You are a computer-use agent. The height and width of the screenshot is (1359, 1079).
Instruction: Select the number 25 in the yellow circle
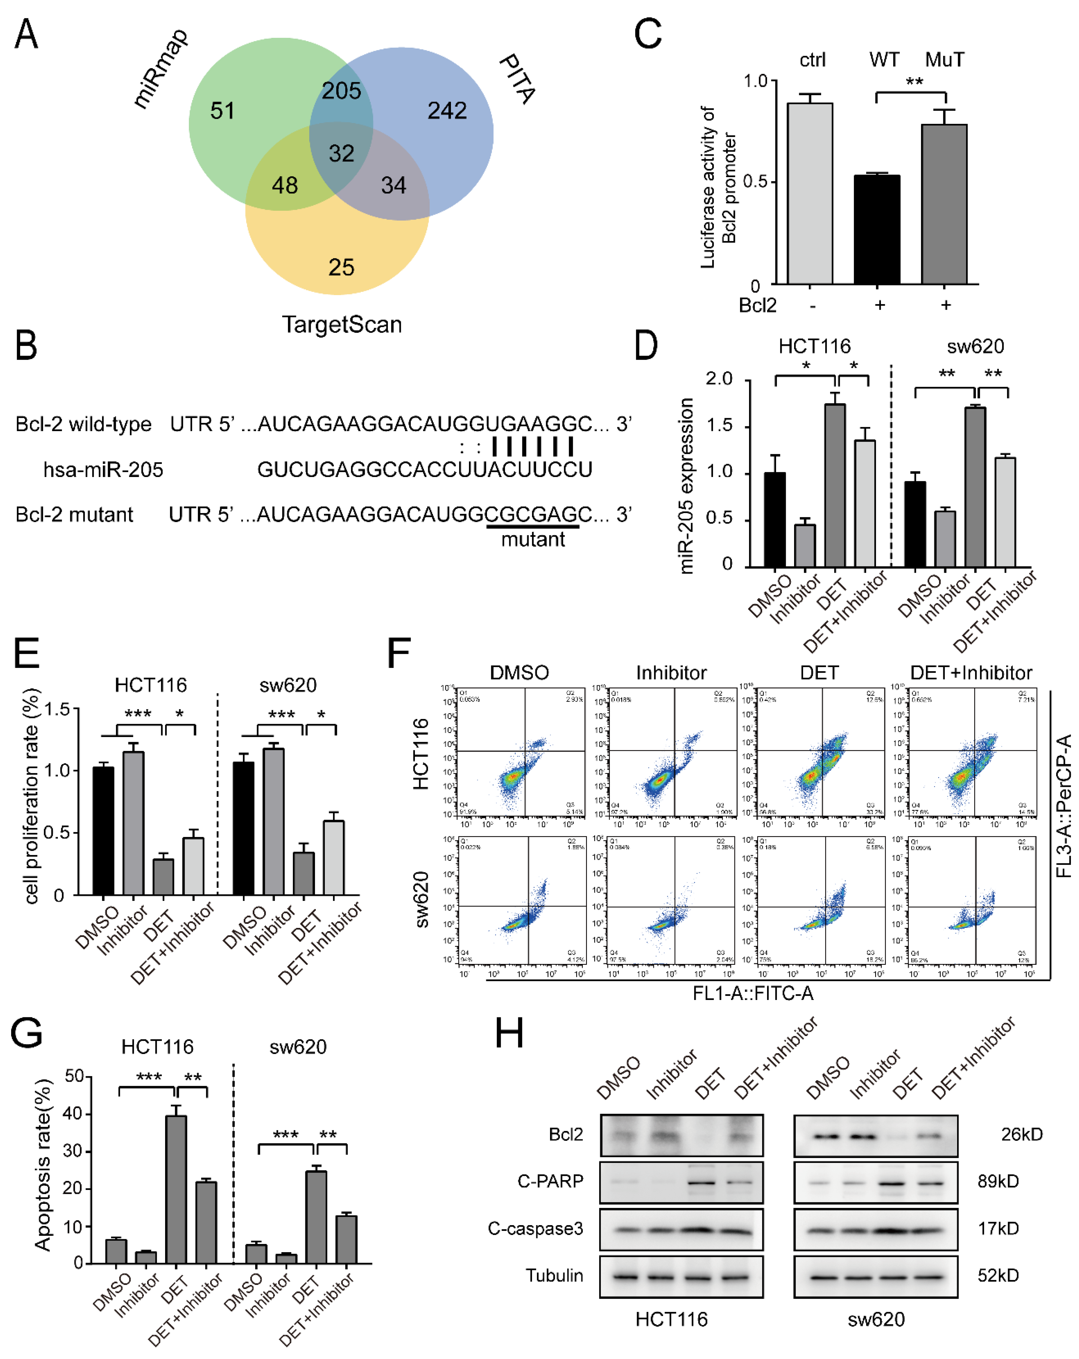click(x=341, y=267)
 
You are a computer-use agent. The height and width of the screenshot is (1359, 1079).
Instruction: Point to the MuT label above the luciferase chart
click(x=944, y=60)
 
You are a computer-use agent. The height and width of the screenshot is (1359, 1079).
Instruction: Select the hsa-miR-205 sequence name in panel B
click(x=103, y=470)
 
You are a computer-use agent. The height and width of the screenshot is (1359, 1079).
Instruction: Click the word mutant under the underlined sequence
click(x=533, y=539)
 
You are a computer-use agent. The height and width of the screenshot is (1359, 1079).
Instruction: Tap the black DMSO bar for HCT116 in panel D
click(x=775, y=520)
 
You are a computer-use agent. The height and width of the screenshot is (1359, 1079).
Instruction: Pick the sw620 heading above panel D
click(x=975, y=346)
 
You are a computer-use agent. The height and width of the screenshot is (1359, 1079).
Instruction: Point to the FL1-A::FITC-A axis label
click(x=753, y=993)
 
